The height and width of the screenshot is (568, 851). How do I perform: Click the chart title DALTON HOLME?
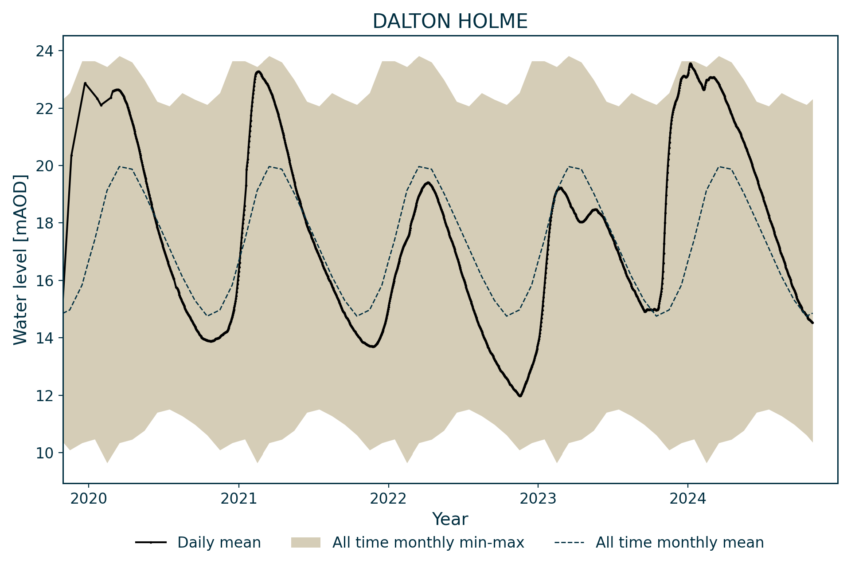[450, 21]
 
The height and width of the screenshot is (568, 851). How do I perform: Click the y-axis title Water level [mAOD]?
[20, 260]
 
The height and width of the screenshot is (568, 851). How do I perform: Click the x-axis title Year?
[450, 519]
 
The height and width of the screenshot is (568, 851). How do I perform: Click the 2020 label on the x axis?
[89, 499]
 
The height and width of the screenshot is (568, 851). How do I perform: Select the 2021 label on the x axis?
[238, 499]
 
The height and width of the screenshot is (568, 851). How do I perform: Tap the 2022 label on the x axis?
[388, 499]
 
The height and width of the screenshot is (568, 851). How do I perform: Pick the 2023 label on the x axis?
[538, 499]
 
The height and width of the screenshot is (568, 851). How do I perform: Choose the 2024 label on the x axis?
[688, 499]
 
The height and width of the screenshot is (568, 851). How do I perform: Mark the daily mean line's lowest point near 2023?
[520, 396]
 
